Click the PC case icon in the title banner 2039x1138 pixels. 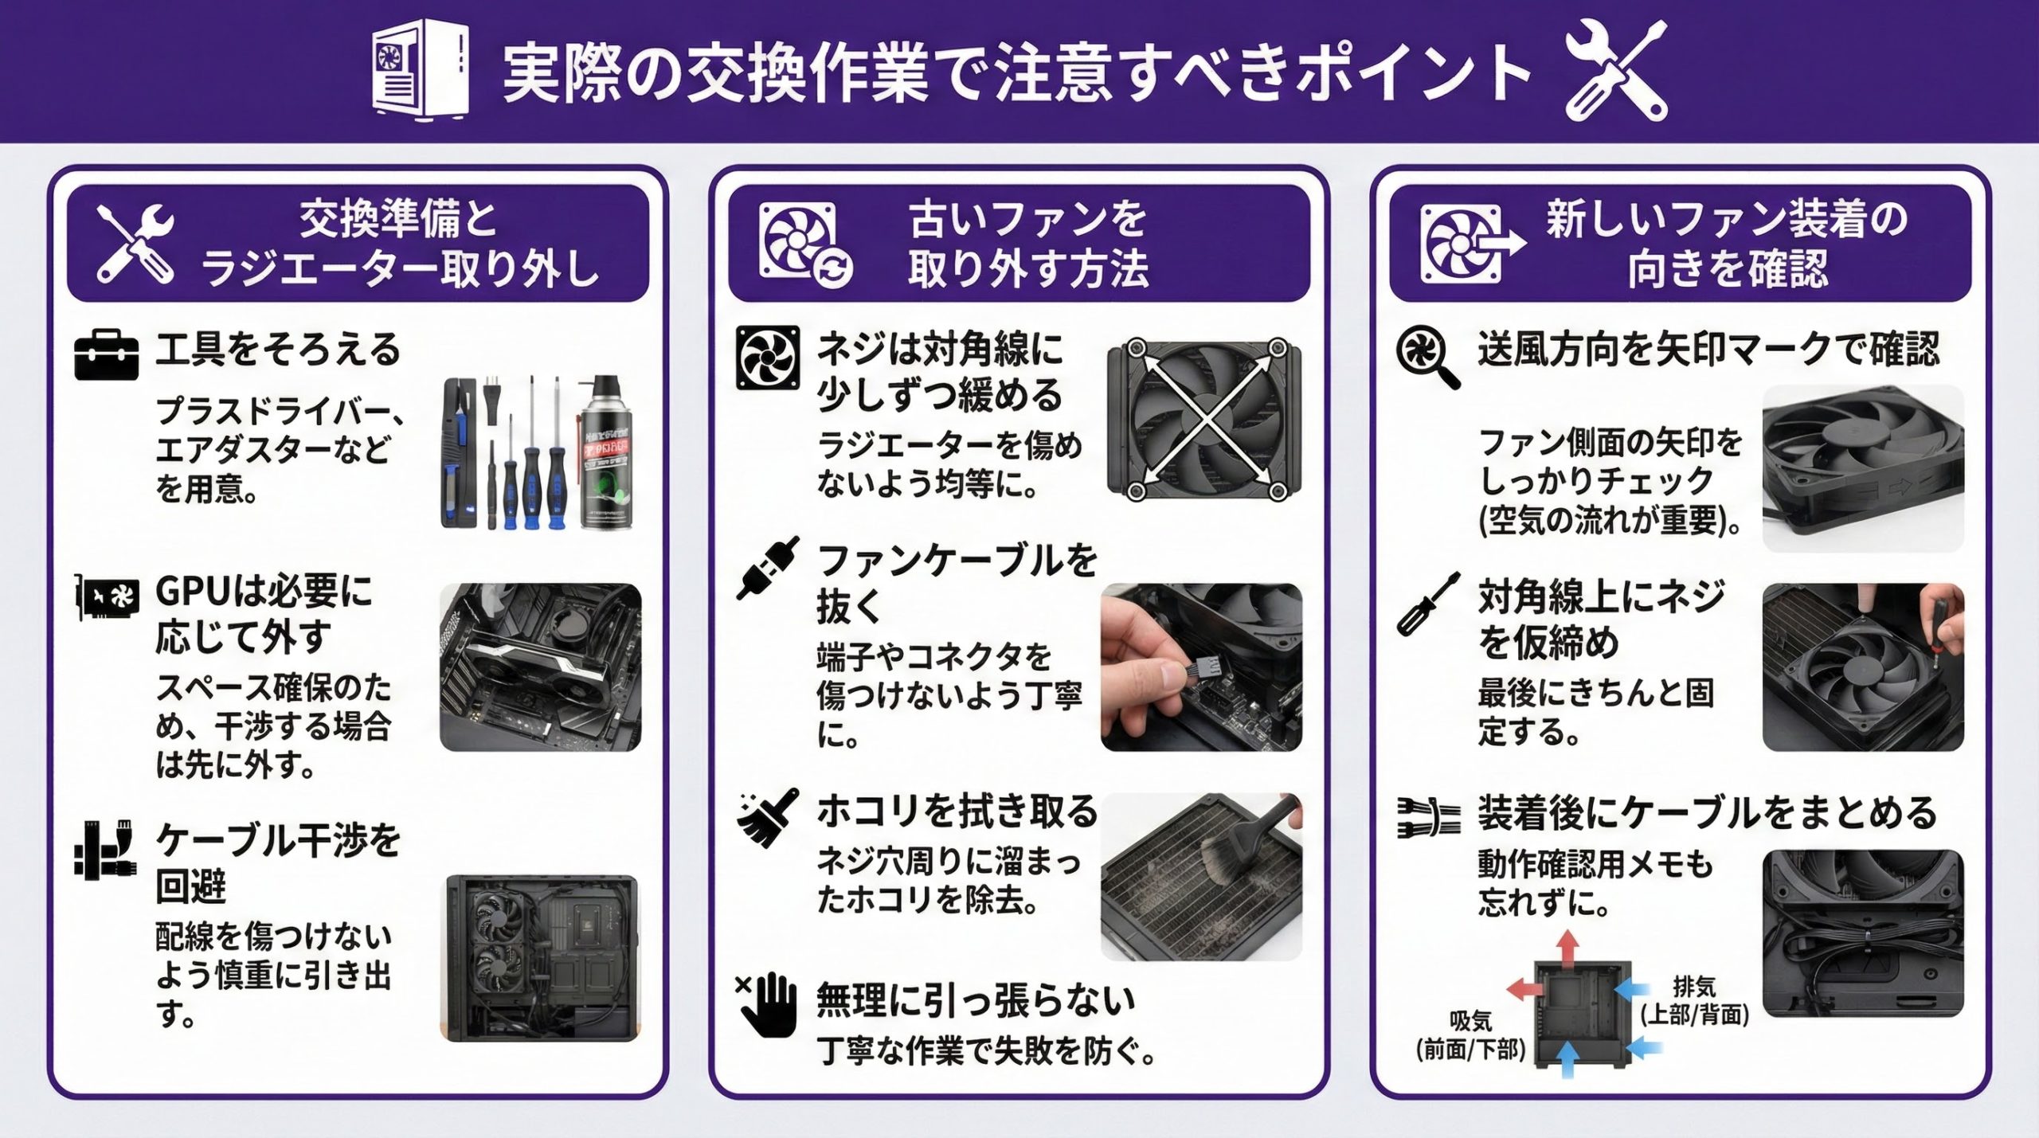[x=420, y=71]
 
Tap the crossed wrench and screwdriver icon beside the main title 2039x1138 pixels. [x=1616, y=71]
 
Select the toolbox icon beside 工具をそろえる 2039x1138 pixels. [x=106, y=355]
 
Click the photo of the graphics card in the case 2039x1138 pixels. [x=540, y=667]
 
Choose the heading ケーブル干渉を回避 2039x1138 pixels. [x=277, y=863]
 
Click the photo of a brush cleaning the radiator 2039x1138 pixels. [x=1201, y=877]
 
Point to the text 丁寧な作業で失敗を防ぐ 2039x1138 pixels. [x=987, y=1052]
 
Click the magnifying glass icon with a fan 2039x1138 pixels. [x=1428, y=357]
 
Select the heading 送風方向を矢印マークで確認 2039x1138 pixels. [x=1708, y=349]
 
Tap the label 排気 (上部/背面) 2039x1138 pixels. [x=1694, y=1000]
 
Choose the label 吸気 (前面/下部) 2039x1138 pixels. [x=1470, y=1035]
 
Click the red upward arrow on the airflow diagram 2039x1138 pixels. [x=1567, y=948]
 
